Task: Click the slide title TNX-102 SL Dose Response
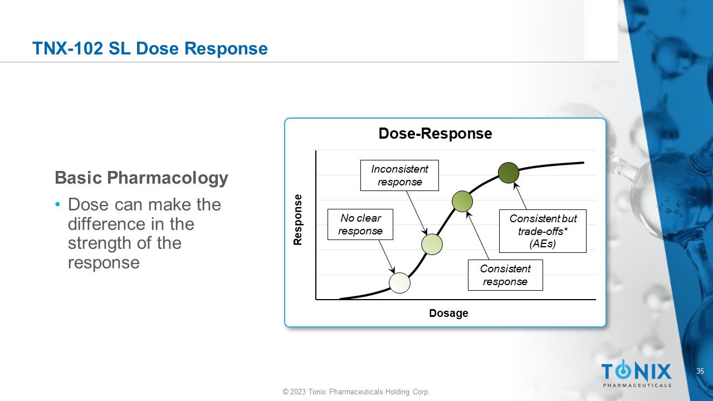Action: [x=150, y=49]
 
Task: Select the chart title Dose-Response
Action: [x=435, y=134]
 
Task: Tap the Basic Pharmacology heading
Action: [x=141, y=178]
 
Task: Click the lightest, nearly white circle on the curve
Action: [x=399, y=283]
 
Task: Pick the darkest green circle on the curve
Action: [x=509, y=173]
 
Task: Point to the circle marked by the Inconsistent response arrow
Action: [x=432, y=244]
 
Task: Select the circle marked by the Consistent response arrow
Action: [x=462, y=201]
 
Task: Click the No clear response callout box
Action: [x=360, y=224]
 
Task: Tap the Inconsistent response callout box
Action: [x=399, y=175]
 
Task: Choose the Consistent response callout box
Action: [x=505, y=275]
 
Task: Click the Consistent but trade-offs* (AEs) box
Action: [x=543, y=231]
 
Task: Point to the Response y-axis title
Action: [x=297, y=219]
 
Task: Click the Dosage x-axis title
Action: [x=448, y=314]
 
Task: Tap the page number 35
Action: [x=700, y=371]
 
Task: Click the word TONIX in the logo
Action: [x=636, y=371]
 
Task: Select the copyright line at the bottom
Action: [x=356, y=392]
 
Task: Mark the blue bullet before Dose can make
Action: [x=58, y=205]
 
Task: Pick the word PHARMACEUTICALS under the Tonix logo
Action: [x=637, y=385]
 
